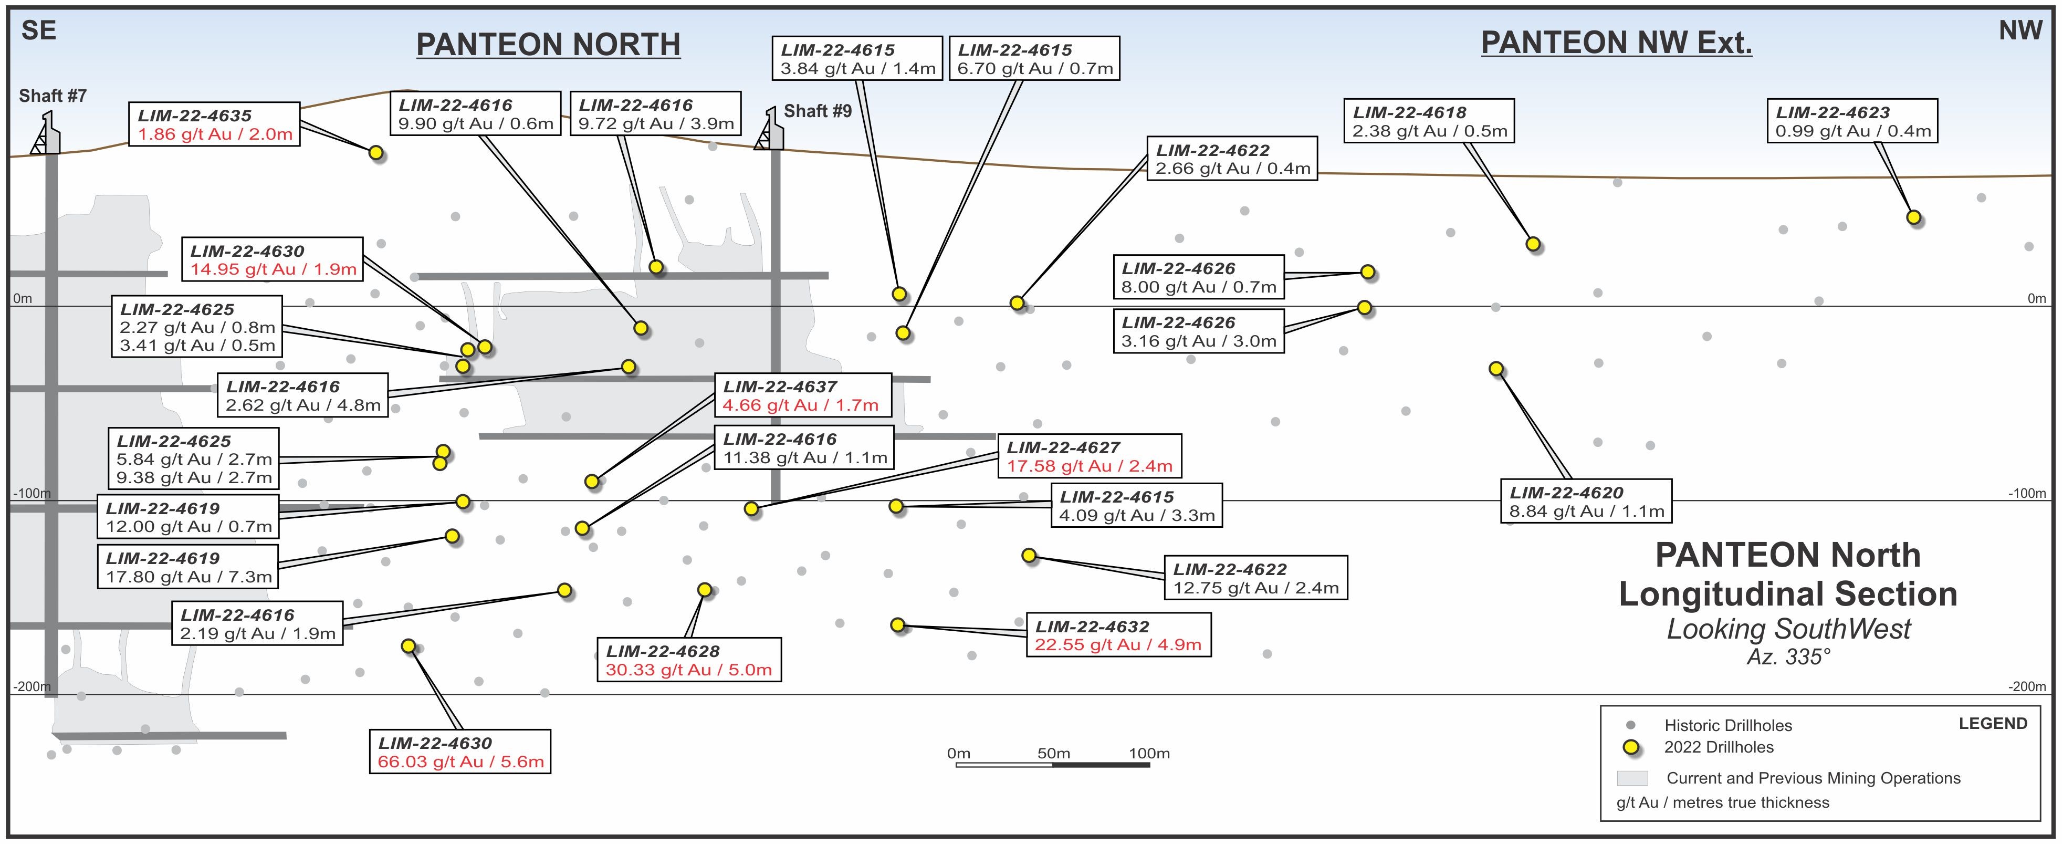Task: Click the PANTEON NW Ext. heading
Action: (x=1616, y=43)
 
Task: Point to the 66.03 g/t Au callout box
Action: (x=459, y=752)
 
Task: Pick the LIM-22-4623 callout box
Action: (x=1852, y=121)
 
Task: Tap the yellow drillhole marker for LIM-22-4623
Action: (x=1914, y=217)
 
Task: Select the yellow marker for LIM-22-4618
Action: (x=1533, y=244)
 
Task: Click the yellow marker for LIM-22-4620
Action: (x=1496, y=369)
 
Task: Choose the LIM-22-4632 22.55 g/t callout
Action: (x=1118, y=635)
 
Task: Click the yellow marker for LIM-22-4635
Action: (x=375, y=152)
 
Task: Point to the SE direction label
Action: (x=38, y=30)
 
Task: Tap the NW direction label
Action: (x=2020, y=30)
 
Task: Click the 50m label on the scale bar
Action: (x=1053, y=753)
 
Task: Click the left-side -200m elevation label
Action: (x=32, y=686)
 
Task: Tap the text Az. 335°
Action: (x=1788, y=657)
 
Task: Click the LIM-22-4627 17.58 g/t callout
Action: (x=1089, y=456)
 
